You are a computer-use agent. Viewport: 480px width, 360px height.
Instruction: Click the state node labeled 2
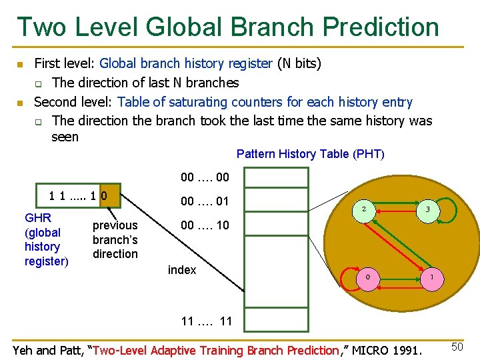[x=363, y=209]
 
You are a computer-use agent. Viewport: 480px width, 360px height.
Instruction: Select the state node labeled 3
[x=427, y=209]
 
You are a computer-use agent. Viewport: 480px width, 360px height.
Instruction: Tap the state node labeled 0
[x=367, y=277]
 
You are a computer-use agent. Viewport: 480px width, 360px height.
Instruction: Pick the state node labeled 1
[x=431, y=277]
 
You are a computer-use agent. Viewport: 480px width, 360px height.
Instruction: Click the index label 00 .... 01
[x=205, y=201]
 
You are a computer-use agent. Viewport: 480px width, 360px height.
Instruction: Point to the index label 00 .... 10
[x=205, y=225]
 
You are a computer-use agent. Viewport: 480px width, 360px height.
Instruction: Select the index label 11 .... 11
[x=207, y=321]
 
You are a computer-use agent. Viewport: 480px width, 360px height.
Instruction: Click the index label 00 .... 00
[x=205, y=177]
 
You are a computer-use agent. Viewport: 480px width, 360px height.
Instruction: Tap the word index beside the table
[x=182, y=269]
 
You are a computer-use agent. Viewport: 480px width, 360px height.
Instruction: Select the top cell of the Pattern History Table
[x=276, y=177]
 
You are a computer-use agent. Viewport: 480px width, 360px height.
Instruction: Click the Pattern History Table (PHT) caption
[x=310, y=154]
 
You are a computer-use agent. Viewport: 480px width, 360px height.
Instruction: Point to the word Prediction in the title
[x=381, y=27]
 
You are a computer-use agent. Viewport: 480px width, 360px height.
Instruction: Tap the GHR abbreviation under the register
[x=38, y=218]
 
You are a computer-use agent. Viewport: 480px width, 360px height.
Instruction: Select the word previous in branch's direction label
[x=115, y=225]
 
